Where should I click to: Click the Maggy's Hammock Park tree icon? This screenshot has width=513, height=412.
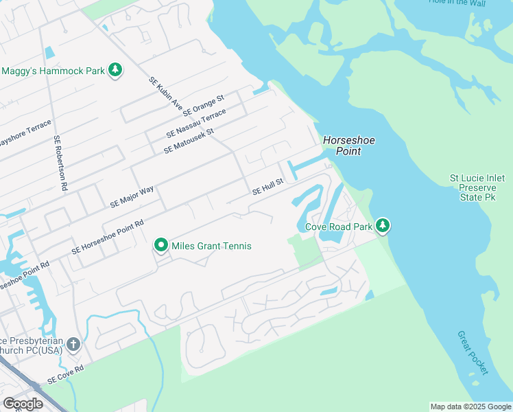point(116,70)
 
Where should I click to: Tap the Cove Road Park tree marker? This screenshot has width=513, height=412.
point(383,226)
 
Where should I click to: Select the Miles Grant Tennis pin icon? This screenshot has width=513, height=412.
point(161,246)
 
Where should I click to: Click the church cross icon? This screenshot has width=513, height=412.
point(73,344)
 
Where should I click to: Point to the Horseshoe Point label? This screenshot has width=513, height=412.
point(349,146)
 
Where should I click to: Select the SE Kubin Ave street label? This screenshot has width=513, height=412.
point(165,94)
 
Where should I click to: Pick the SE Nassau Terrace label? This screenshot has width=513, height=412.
point(195,124)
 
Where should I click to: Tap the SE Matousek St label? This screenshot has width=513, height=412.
point(189,140)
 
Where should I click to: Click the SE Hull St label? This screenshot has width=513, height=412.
point(267,187)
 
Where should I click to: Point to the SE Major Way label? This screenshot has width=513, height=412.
point(132,197)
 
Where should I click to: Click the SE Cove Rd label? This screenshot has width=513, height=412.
point(65,374)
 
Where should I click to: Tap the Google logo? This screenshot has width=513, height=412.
point(23,404)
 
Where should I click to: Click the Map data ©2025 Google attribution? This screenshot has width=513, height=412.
point(470,407)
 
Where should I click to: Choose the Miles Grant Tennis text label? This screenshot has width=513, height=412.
point(211,246)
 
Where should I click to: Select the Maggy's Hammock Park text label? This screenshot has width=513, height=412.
point(52,71)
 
